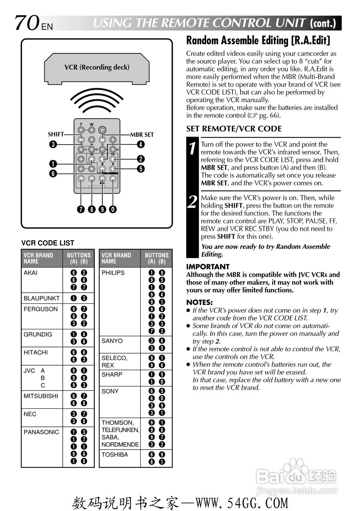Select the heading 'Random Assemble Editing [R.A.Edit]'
coord(258,41)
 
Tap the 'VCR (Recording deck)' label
coord(97,67)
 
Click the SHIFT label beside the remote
coord(56,135)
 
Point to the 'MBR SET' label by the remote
coord(141,135)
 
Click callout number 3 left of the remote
coord(53,145)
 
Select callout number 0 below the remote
coord(114,209)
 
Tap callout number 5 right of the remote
coord(141,168)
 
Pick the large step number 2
coord(192,202)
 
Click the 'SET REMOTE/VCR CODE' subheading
coord(234,129)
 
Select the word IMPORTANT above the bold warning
coord(208,267)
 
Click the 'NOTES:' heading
coord(199,303)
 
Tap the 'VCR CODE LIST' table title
coord(48,243)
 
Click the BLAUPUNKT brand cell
coord(42,298)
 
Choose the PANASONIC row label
coord(41,432)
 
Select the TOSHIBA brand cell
coord(115,455)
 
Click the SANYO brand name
coord(112,341)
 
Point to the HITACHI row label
coord(36,353)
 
